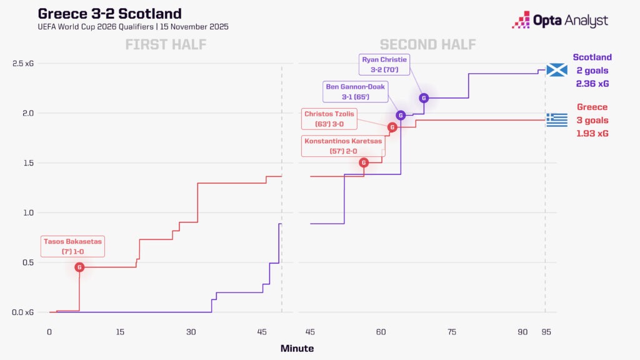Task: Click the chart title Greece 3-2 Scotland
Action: coord(110,13)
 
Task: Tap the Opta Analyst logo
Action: coord(559,20)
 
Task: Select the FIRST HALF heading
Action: coord(166,44)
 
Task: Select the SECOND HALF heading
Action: coord(427,44)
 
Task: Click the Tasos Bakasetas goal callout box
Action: coord(72,246)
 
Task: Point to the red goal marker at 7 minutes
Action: coord(79,267)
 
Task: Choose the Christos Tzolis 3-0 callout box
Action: coord(330,119)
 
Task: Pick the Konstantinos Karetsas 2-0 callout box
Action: coord(343,146)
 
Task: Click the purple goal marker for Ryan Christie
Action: coord(424,97)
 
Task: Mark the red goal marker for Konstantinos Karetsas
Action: coord(364,162)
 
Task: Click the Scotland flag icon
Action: coord(556,70)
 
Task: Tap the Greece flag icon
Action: coord(556,119)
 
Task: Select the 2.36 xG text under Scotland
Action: coord(591,83)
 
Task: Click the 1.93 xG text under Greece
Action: coord(591,133)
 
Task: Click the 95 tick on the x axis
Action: coord(545,332)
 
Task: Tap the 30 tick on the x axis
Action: coord(191,332)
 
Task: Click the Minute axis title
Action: coord(297,348)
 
